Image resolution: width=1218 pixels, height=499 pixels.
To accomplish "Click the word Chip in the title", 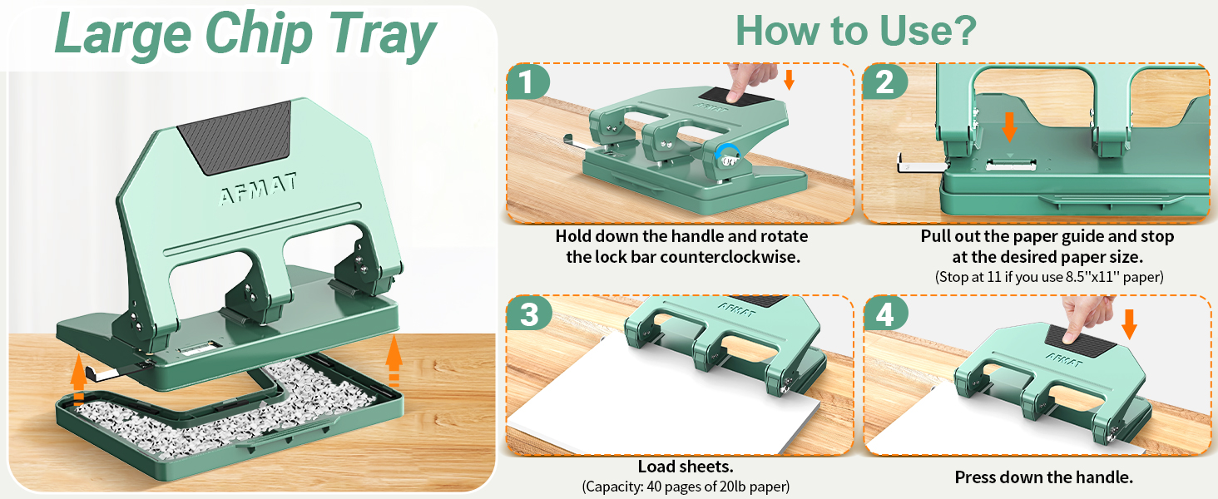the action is click(x=259, y=35).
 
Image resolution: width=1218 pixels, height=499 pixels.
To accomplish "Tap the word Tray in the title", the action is click(x=382, y=35).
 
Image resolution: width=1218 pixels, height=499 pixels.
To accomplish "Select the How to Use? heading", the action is click(x=856, y=31).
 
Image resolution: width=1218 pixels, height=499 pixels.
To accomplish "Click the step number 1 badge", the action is click(x=527, y=82).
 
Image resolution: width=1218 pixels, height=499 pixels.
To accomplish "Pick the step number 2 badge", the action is click(x=884, y=82).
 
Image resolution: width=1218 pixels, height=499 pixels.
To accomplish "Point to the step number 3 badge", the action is click(x=528, y=314).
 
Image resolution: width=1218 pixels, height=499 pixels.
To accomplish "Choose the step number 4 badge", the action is click(x=885, y=314).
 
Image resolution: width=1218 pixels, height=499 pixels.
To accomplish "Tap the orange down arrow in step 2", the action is click(x=1010, y=127).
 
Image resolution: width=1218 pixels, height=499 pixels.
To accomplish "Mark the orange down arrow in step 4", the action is click(x=1129, y=324).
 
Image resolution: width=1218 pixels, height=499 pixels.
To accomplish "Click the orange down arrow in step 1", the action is click(x=789, y=80).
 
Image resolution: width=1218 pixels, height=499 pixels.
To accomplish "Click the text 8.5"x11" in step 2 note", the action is click(x=1093, y=277).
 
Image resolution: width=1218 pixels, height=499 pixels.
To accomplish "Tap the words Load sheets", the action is click(x=686, y=467).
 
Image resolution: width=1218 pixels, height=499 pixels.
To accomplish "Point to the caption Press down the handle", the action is click(x=1044, y=477).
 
